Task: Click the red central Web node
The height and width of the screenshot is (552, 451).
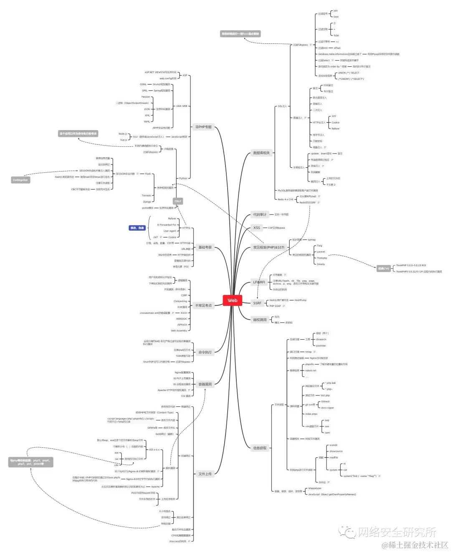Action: tap(232, 300)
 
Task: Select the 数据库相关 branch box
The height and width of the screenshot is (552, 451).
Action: tap(261, 153)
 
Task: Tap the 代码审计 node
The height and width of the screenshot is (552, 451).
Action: tap(259, 214)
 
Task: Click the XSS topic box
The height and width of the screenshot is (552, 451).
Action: tap(256, 228)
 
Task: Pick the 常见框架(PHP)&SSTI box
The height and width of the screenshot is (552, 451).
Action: tap(269, 247)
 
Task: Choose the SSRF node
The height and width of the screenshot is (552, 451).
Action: tap(257, 303)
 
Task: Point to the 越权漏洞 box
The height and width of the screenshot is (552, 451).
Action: tap(260, 320)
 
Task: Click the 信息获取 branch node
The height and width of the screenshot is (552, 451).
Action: tap(260, 448)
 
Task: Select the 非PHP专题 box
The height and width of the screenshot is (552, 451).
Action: tap(203, 127)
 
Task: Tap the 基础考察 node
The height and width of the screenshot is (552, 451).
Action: tap(205, 247)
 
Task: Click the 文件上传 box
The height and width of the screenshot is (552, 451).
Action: tap(205, 474)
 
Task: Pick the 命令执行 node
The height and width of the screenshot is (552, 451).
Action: tap(205, 352)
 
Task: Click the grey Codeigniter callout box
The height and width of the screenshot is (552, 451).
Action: tap(20, 180)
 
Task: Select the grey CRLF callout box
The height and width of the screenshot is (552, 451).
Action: tap(178, 201)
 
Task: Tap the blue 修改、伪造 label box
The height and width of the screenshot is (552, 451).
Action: tap(137, 228)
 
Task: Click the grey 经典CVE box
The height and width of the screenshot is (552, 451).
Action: tap(383, 268)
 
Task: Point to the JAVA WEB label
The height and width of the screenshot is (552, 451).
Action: tap(181, 106)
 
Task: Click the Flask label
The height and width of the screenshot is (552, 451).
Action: tap(148, 174)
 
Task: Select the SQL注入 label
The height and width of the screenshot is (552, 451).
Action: tap(282, 106)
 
